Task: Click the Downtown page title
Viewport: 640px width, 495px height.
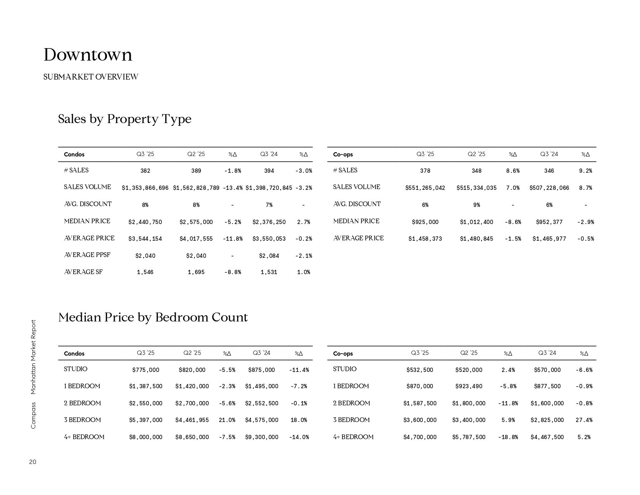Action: click(x=88, y=55)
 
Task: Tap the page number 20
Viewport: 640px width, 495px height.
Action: click(x=33, y=462)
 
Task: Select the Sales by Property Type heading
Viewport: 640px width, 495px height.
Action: click(x=125, y=119)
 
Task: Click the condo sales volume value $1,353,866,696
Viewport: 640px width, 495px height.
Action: click(x=145, y=188)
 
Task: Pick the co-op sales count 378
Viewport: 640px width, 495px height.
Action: click(x=425, y=171)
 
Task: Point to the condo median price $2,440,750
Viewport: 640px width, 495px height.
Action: click(x=145, y=222)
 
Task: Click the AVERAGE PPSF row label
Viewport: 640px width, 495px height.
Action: click(x=87, y=255)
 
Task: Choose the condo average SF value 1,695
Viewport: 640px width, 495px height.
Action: click(x=196, y=272)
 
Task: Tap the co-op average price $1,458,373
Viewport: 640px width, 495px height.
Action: click(x=425, y=239)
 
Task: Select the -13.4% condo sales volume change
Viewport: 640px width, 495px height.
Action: click(x=232, y=188)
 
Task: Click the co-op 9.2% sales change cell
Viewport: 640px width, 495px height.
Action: click(x=585, y=171)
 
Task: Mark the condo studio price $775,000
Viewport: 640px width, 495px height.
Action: click(x=145, y=370)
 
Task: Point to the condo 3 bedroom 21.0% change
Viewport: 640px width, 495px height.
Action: click(x=227, y=420)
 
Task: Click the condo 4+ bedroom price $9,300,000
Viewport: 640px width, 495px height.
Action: click(x=261, y=437)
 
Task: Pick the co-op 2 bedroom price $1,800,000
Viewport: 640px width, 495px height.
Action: click(x=469, y=403)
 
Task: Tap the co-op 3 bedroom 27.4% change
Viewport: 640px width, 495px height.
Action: click(x=584, y=420)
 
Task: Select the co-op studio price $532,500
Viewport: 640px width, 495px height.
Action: click(x=420, y=370)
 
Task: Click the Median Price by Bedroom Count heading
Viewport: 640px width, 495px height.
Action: click(x=153, y=318)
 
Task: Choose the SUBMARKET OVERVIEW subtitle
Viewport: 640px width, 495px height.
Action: click(x=91, y=77)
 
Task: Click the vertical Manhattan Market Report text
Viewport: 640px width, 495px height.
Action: click(x=33, y=357)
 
